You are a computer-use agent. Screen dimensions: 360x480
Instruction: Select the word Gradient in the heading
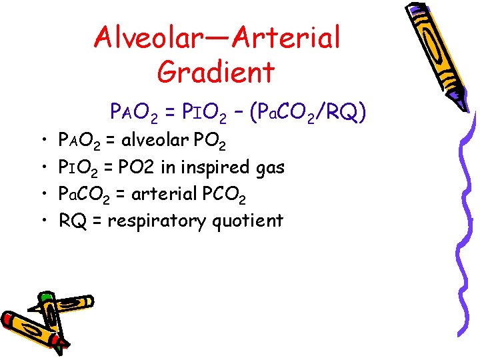click(216, 72)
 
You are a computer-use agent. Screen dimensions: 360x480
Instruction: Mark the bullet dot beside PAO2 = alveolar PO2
click(43, 141)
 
